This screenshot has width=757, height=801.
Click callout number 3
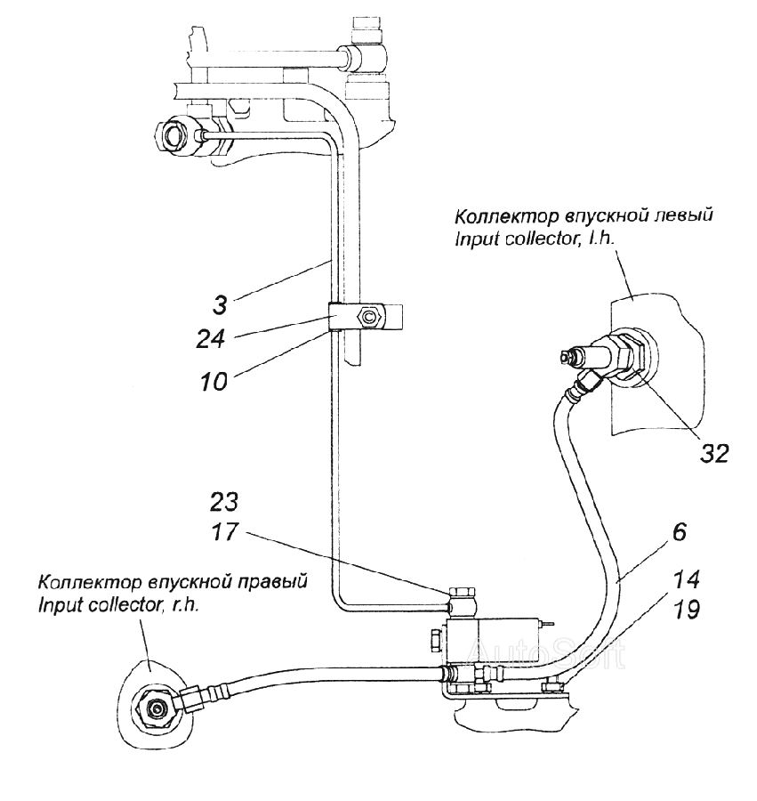220,306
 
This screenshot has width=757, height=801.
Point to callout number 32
713,453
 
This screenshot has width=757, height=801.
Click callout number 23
223,502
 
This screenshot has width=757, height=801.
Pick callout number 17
224,532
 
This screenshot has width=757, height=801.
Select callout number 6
679,532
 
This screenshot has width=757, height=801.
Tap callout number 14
685,579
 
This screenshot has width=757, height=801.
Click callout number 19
685,610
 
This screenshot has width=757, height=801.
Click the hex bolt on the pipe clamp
369,317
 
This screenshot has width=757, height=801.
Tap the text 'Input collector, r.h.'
118,606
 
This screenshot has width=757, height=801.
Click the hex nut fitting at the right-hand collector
154,708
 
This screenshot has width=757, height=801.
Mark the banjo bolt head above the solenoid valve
463,593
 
